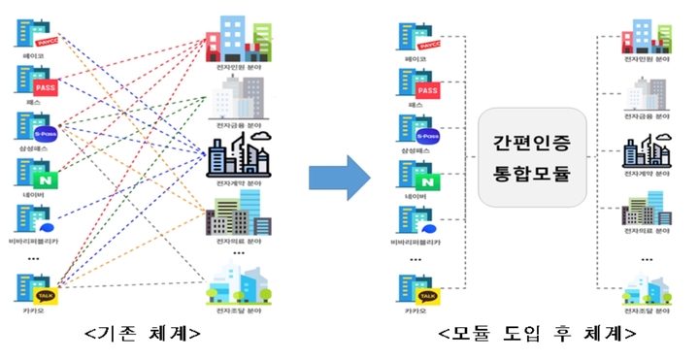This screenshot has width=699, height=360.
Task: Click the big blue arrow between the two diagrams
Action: pos(339,177)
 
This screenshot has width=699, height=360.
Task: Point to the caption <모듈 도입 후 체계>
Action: pos(537,333)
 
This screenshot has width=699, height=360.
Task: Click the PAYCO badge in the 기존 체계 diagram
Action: pos(46,43)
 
